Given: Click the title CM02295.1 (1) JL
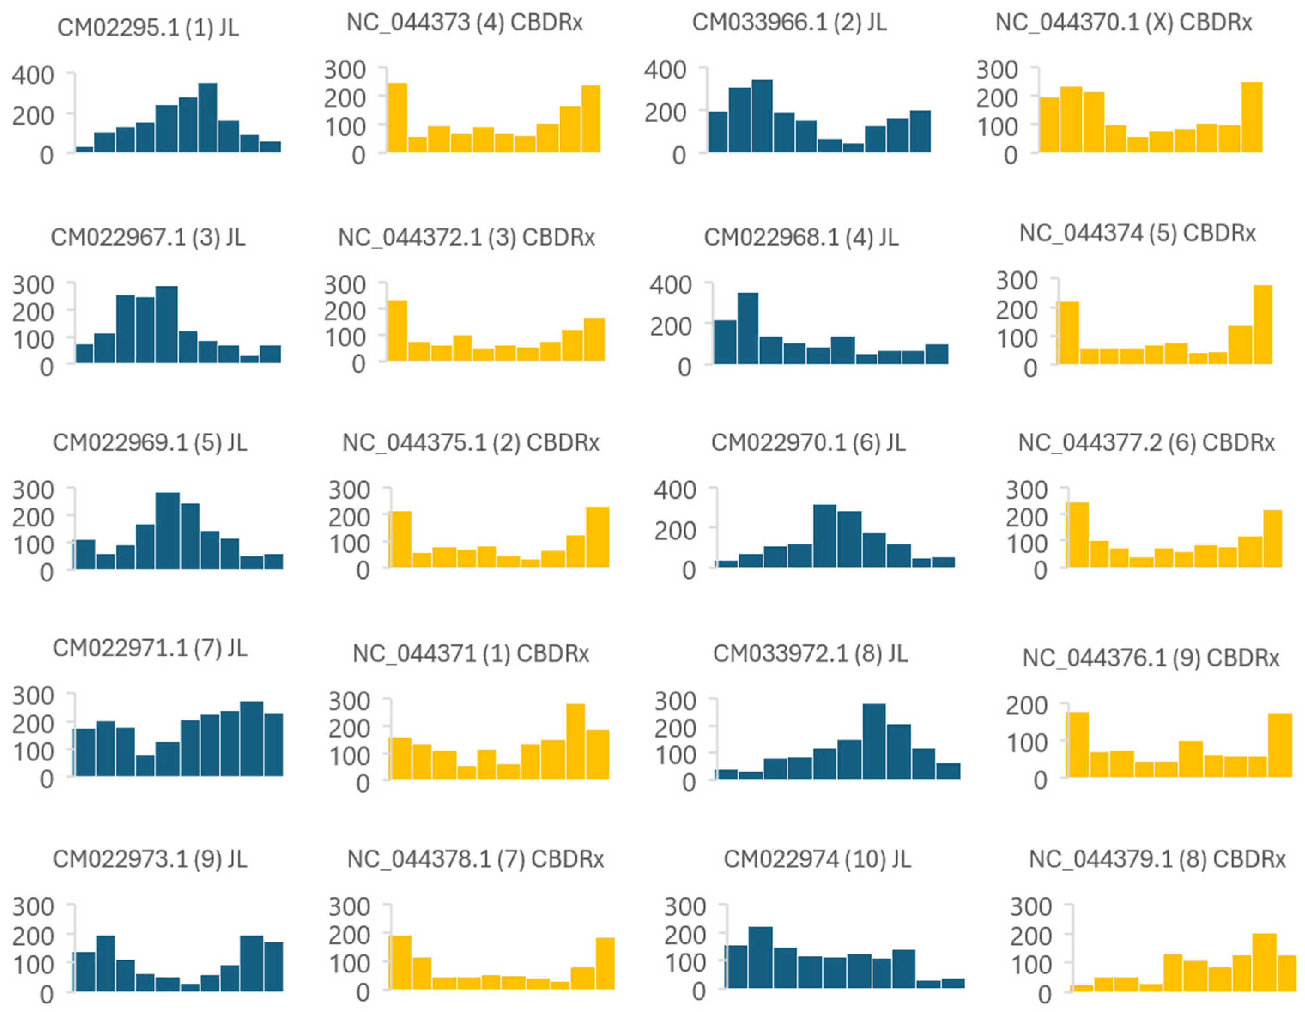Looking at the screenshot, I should tap(148, 28).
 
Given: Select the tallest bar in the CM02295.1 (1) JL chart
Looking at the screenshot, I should tap(207, 118).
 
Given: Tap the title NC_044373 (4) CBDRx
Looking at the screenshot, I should tap(464, 23).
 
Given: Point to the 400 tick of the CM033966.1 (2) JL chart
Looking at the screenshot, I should tap(665, 70).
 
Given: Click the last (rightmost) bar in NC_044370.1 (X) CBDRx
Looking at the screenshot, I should tap(1251, 117).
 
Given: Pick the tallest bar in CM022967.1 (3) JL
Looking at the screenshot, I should tap(166, 325).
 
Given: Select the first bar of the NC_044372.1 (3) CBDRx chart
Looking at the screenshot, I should tap(397, 331).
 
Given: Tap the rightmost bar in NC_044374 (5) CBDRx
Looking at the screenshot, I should tap(1263, 325).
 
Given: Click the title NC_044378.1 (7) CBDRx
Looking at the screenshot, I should tap(475, 860).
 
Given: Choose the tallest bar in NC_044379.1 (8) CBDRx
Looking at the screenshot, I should tap(1264, 962).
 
